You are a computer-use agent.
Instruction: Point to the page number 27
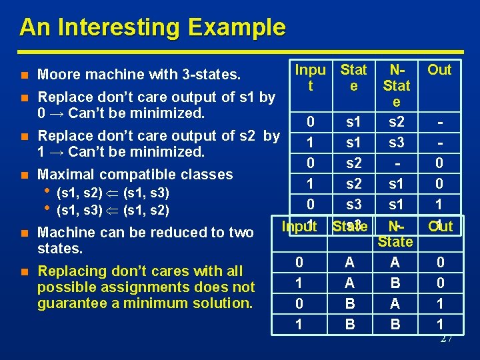[446, 339]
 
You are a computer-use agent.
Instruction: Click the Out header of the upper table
[439, 69]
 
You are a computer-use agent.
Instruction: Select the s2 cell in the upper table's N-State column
[396, 123]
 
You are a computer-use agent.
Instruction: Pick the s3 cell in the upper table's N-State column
[396, 143]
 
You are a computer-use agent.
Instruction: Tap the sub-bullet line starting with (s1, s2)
[113, 194]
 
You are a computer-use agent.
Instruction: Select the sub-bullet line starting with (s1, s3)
[113, 211]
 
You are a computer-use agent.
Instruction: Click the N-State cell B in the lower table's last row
[396, 324]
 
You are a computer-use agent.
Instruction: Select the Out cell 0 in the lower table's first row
[440, 263]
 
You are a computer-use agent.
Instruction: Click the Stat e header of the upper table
[353, 77]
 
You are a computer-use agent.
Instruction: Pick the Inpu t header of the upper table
[310, 77]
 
